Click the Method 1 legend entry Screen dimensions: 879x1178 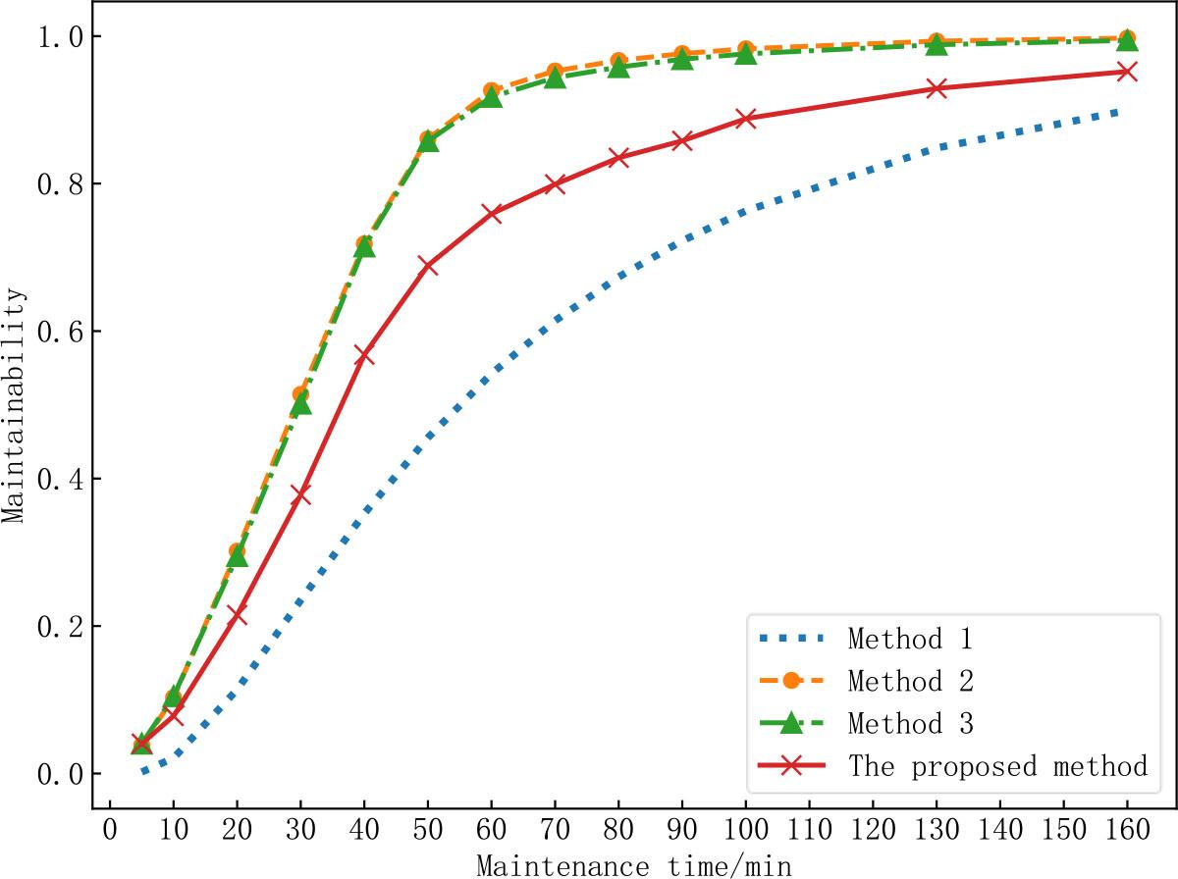[909, 640]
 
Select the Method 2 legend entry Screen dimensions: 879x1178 [909, 681]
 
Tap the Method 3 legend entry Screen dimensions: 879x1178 [909, 724]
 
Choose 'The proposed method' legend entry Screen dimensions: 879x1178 [997, 766]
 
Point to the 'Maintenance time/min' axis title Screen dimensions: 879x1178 [633, 865]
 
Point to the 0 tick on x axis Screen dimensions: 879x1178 [111, 833]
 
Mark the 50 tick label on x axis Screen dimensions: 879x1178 [428, 833]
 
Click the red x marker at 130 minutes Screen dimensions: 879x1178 [937, 89]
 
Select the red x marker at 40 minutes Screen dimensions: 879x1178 [364, 354]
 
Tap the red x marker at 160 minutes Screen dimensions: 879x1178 [1127, 72]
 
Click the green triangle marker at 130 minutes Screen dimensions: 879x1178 [937, 45]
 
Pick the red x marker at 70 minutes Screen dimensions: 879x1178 [555, 183]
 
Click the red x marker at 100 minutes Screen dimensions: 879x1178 [746, 119]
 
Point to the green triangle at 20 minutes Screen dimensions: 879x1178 [238, 557]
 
